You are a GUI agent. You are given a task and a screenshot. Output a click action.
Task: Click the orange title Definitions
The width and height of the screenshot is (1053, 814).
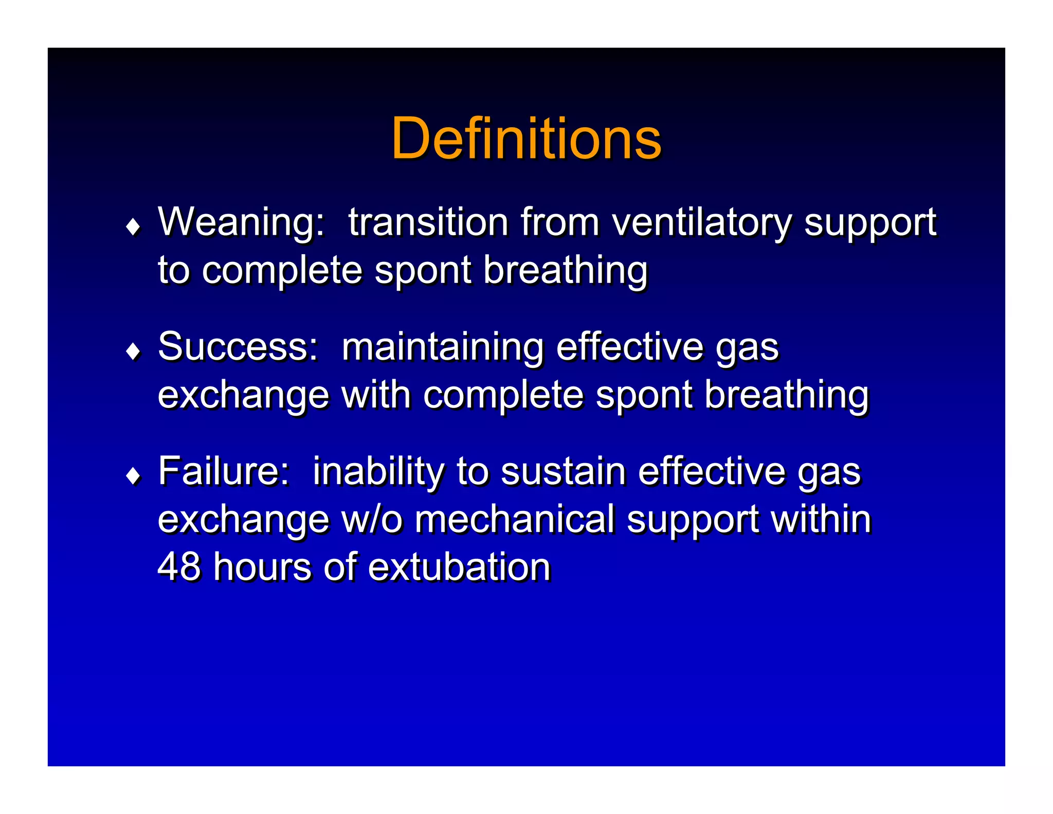coord(526,139)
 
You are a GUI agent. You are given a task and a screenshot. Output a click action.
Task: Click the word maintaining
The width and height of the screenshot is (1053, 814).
coord(443,348)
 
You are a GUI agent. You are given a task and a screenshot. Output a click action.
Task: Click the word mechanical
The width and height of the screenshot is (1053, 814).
coord(515,519)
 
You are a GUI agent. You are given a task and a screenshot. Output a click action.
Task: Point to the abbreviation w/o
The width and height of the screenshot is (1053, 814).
coord(372,519)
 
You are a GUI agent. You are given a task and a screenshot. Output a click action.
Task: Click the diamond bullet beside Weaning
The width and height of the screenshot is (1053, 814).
coord(133,226)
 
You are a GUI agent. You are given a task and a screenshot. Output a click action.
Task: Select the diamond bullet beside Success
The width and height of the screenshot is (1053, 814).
coord(133,351)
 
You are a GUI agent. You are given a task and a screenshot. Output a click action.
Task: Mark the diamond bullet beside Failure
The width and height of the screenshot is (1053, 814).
coord(133,476)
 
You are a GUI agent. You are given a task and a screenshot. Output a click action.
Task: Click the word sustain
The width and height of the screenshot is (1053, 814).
coord(563,471)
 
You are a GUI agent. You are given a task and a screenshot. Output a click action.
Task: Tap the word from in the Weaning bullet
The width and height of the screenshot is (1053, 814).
coord(560,222)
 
